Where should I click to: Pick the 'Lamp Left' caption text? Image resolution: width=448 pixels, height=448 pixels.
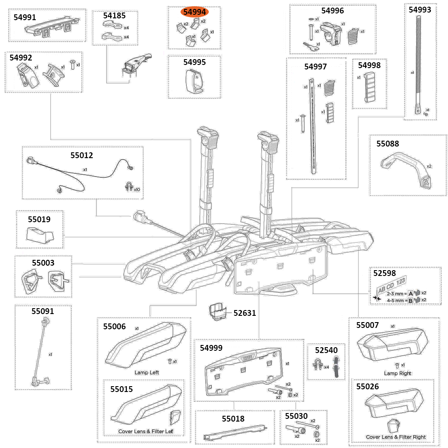coord(146,372)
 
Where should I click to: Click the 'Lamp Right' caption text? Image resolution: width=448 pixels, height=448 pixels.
coord(397,373)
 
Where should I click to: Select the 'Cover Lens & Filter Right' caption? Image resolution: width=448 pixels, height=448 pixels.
coord(396,437)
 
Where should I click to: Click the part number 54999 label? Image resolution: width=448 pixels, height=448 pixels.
coord(211,348)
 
